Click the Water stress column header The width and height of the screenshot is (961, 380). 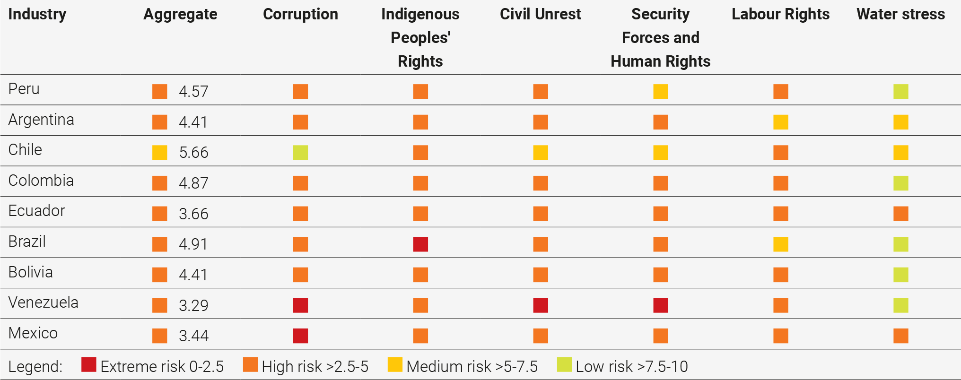(x=900, y=14)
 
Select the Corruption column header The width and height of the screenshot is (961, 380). (x=300, y=14)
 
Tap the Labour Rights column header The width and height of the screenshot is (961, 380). (x=780, y=14)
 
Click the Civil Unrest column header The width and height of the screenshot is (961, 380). (x=540, y=14)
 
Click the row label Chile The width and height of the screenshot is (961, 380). (x=25, y=150)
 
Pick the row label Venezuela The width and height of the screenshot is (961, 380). (x=43, y=302)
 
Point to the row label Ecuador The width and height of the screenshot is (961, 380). (x=36, y=211)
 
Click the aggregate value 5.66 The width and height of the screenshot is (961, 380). (x=193, y=153)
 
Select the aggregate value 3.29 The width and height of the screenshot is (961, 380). (x=193, y=305)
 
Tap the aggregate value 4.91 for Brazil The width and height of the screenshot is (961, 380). (x=193, y=244)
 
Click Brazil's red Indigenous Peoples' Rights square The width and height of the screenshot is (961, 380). (x=420, y=244)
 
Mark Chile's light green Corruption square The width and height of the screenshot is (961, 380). (x=300, y=153)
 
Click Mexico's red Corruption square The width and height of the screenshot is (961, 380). (x=300, y=336)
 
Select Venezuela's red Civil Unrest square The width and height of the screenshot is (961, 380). (x=541, y=305)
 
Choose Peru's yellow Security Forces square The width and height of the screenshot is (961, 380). (x=661, y=91)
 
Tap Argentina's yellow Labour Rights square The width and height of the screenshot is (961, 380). (x=781, y=122)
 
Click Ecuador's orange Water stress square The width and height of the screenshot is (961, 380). (x=901, y=214)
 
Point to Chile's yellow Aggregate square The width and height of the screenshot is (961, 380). (x=160, y=153)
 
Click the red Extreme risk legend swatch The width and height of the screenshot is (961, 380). (x=89, y=364)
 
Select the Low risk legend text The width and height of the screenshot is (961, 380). (x=631, y=366)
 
